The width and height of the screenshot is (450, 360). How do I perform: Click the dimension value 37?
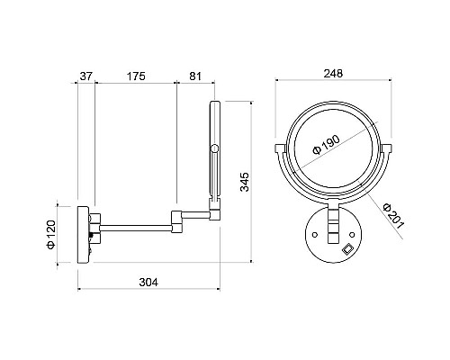[86, 76]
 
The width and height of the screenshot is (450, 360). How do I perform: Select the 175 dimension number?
[136, 76]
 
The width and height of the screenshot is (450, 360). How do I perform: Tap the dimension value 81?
[195, 76]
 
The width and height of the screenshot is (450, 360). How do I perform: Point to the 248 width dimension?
[333, 74]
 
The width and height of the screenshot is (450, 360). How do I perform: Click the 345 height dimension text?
[245, 182]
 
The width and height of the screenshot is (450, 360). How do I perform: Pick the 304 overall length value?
[148, 283]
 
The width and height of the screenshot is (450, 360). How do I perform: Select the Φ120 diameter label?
[51, 234]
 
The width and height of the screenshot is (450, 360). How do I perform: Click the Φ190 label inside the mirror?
[326, 145]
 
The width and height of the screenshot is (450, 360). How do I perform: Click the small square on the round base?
[348, 248]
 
